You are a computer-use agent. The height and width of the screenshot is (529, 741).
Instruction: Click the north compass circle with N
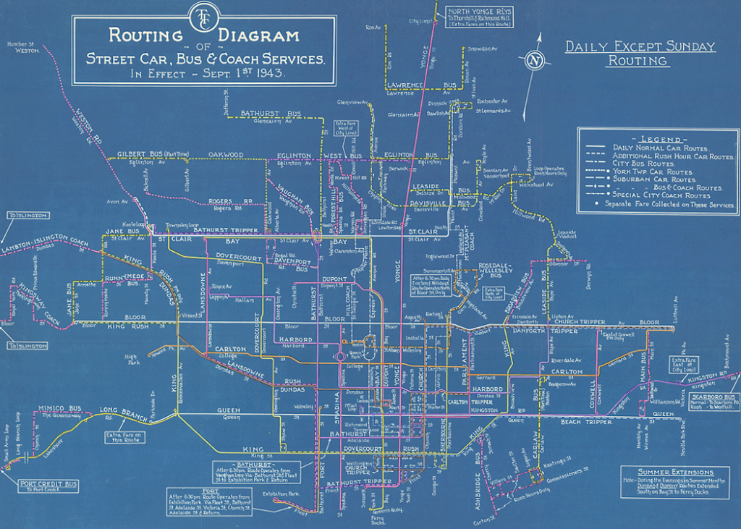[535, 60]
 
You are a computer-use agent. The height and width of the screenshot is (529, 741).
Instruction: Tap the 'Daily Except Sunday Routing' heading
[640, 54]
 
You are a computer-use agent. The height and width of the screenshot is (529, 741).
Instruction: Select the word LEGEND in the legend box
[658, 139]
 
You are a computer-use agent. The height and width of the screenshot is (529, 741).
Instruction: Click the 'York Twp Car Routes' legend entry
[653, 172]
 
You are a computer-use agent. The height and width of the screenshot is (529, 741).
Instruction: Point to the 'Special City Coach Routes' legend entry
[661, 195]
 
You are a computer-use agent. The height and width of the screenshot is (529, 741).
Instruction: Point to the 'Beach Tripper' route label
[585, 421]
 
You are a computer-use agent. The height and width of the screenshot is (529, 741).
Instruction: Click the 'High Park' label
[131, 360]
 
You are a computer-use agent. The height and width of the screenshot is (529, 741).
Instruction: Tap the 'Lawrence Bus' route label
[404, 85]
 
